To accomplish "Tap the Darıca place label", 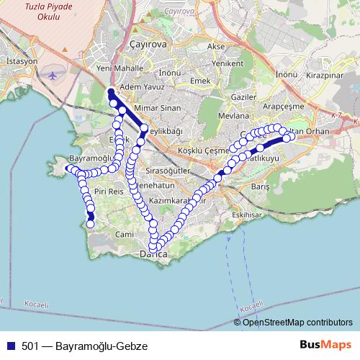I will click(153, 255).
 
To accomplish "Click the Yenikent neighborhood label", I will click(227, 63).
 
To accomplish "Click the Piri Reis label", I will click(109, 192).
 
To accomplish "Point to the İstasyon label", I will click(21, 62).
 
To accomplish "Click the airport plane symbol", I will click(52, 75).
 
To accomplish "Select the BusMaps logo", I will click(325, 345).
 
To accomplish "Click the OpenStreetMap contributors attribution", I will click(295, 323).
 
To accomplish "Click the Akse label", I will click(215, 46).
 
